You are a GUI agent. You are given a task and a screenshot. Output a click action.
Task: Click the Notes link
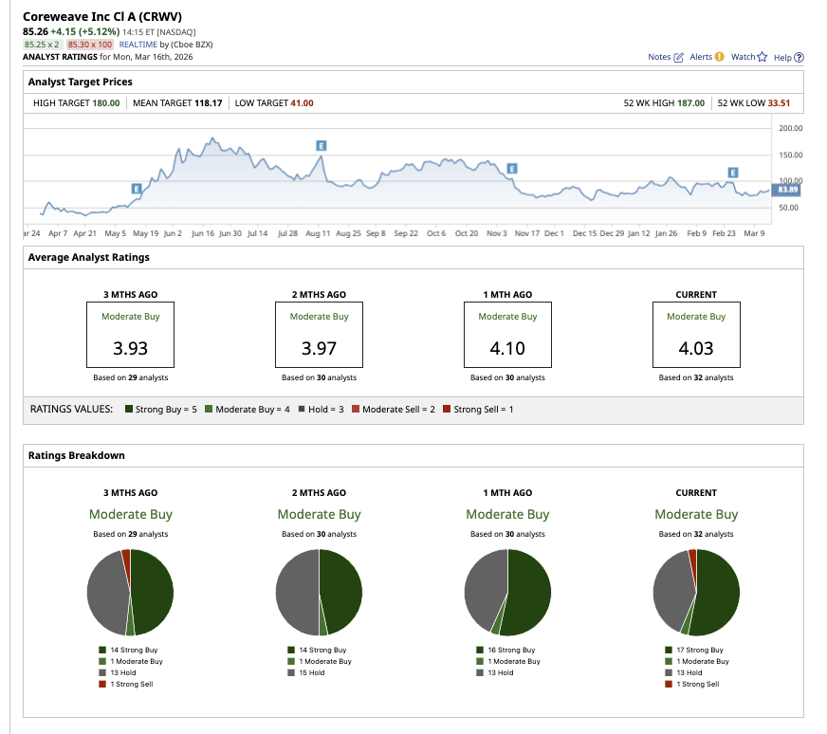tap(665, 57)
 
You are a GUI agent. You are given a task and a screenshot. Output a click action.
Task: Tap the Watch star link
tap(748, 57)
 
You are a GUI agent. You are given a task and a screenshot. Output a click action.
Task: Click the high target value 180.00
tap(105, 102)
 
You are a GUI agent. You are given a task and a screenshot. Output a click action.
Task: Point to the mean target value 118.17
tap(208, 102)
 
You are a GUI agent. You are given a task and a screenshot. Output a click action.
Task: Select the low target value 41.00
tap(302, 102)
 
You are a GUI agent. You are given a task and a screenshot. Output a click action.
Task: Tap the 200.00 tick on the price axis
tap(789, 128)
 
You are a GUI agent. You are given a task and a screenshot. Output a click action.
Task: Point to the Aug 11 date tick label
tap(319, 232)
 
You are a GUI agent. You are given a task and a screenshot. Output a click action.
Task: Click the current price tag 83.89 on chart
tap(787, 190)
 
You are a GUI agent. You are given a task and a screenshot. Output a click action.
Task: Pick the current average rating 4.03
tap(696, 348)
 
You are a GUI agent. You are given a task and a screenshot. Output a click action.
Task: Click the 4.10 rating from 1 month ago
tap(507, 348)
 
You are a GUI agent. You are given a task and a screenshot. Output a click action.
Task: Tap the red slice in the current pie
tap(692, 555)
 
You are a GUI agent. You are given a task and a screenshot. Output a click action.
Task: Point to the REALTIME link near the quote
tap(138, 45)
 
